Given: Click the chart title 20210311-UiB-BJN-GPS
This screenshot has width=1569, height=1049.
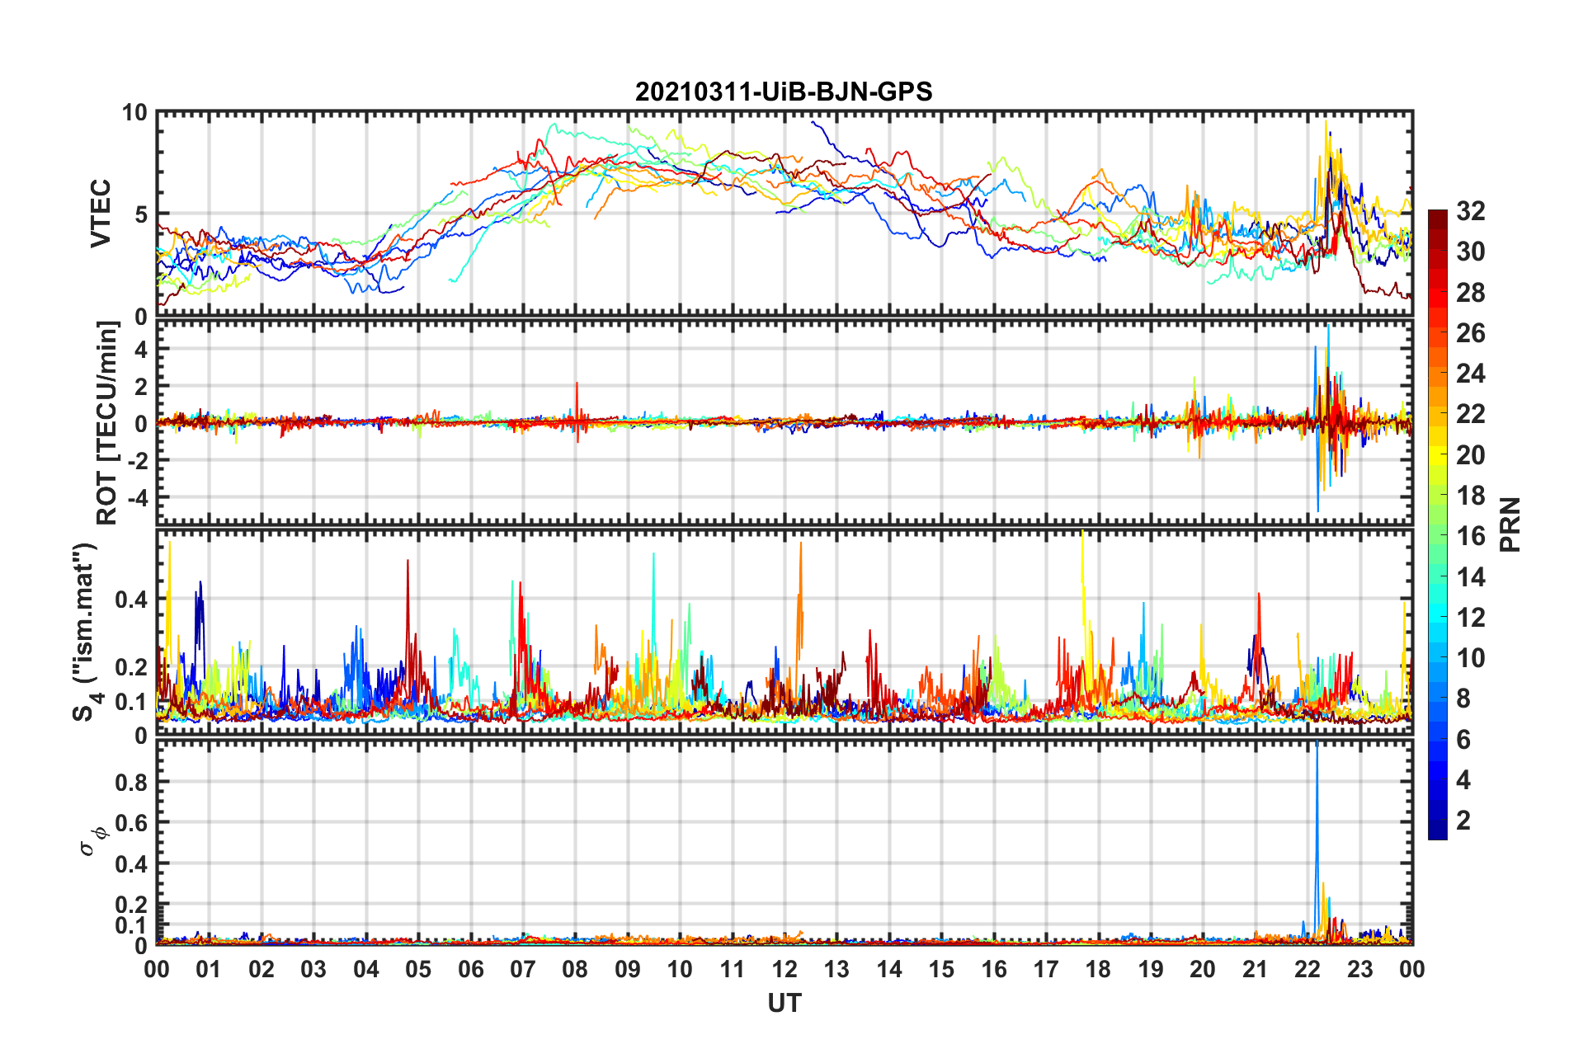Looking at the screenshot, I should (x=784, y=92).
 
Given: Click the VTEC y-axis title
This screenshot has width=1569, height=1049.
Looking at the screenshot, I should (x=101, y=214).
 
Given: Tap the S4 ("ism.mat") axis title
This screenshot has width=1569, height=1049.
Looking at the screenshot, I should (x=85, y=633).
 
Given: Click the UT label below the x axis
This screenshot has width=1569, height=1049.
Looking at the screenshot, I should (x=784, y=1003).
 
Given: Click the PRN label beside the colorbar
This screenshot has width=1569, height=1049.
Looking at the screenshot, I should (x=1510, y=524).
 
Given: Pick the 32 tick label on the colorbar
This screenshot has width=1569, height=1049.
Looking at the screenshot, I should (x=1470, y=211).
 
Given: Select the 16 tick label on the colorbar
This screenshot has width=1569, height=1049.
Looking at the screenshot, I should (x=1470, y=536).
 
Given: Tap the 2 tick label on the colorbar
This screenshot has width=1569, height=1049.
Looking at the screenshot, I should (x=1463, y=820).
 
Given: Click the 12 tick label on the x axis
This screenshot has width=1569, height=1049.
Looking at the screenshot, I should (x=784, y=969).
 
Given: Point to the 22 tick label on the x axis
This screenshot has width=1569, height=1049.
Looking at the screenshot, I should (x=1307, y=969).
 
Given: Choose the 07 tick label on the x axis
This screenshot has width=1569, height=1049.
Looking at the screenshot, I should (x=523, y=969).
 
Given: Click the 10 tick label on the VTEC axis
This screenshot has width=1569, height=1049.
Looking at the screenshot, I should (x=134, y=113).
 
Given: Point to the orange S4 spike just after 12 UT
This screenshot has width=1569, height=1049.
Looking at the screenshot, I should (x=800, y=577).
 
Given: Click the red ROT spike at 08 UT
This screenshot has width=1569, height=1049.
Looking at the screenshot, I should (x=577, y=396).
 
